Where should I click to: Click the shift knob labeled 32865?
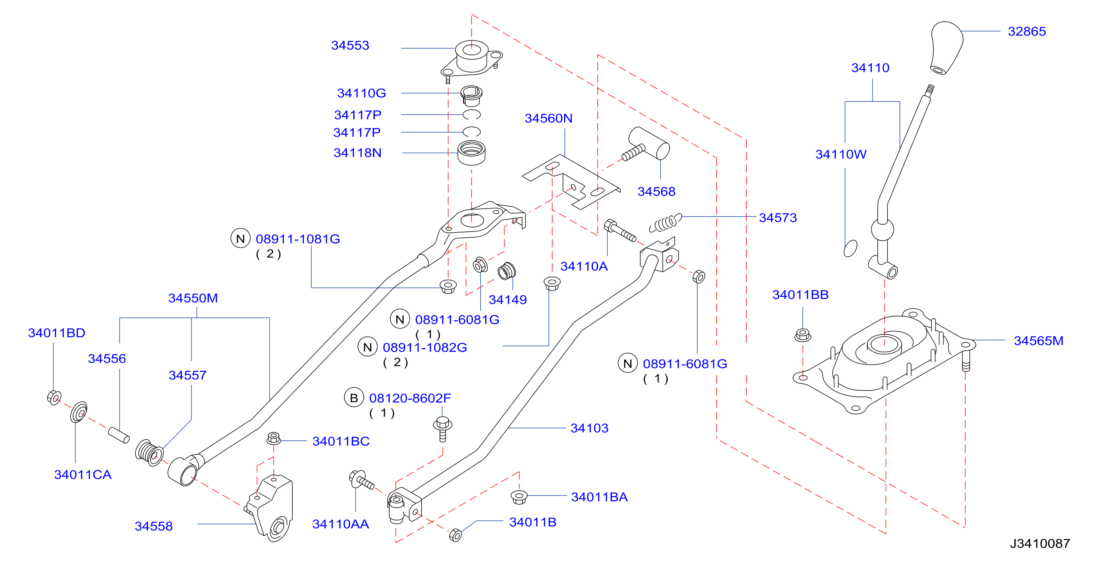[x=947, y=48]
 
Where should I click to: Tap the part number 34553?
[x=350, y=45]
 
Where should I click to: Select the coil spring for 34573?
[x=665, y=223]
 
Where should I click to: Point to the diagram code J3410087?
[x=1040, y=543]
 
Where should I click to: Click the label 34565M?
[x=1038, y=341]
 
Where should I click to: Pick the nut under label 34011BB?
[x=803, y=335]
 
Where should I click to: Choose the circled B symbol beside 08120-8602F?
[x=354, y=398]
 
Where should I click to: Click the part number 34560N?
[x=549, y=118]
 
